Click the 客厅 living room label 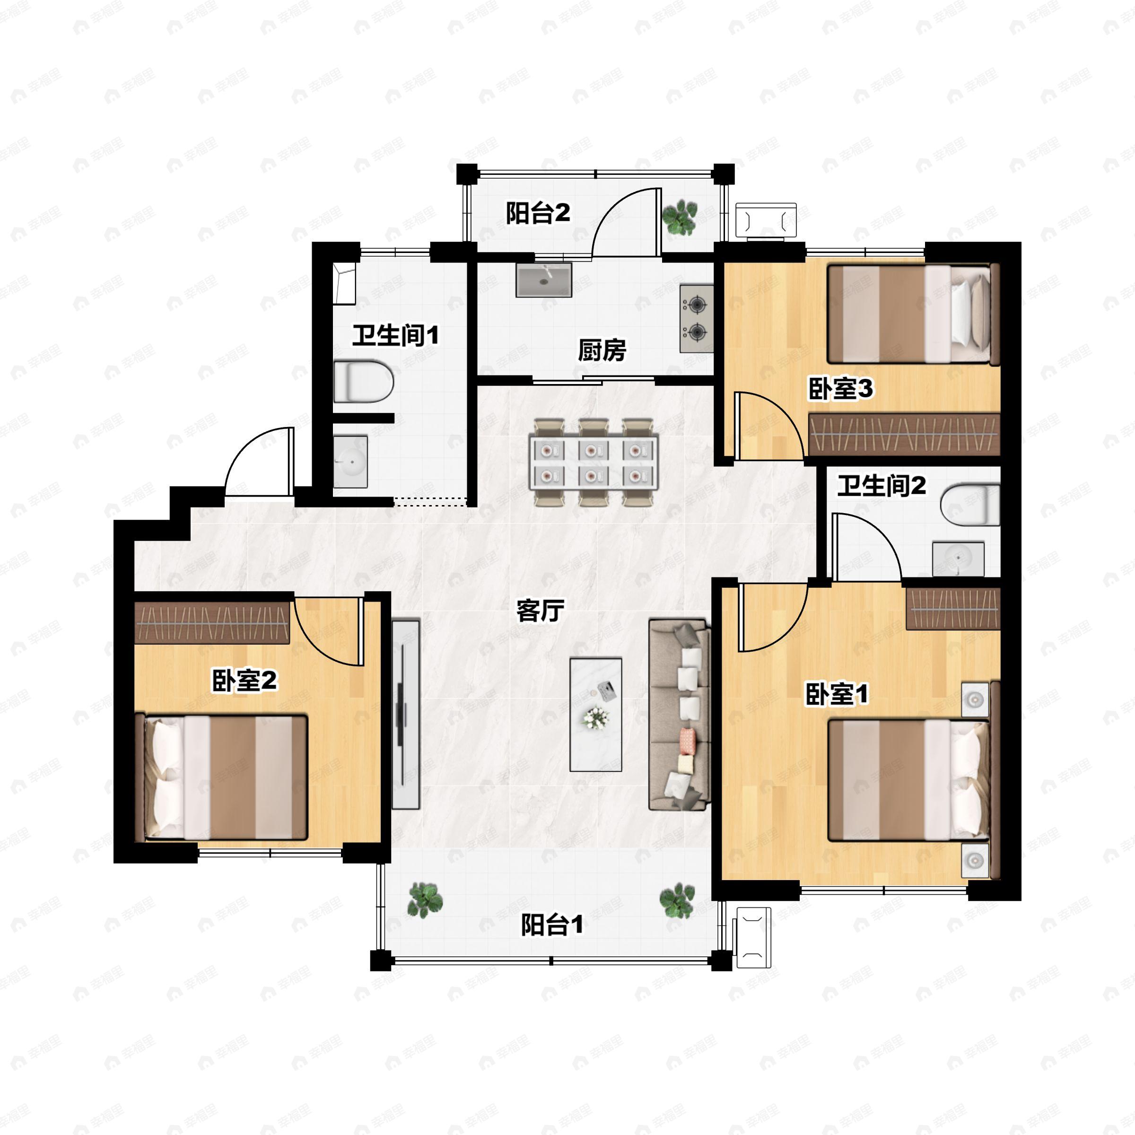[540, 611]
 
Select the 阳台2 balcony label [538, 213]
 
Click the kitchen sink [543, 280]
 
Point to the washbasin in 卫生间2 [958, 559]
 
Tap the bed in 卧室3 [914, 314]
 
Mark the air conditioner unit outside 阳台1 [752, 938]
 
